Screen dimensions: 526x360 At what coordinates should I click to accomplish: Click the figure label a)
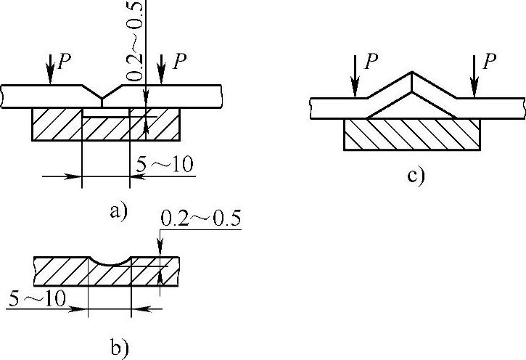click(118, 211)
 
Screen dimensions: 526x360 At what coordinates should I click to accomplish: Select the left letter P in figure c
click(372, 62)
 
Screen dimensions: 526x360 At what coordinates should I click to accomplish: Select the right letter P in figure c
click(490, 62)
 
